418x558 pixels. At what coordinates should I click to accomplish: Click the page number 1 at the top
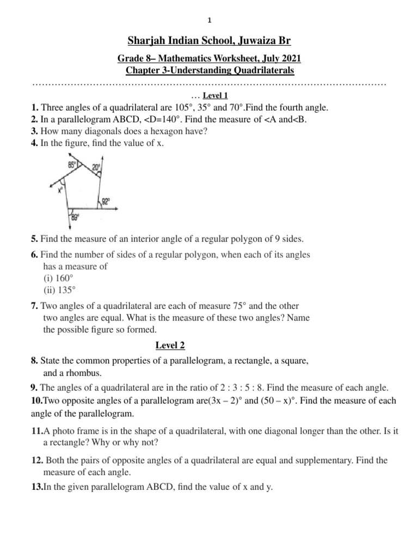(209, 21)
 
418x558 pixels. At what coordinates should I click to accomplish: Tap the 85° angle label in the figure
(72, 164)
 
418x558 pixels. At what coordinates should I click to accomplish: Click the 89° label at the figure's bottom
(75, 217)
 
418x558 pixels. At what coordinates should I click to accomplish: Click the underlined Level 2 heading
(170, 345)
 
